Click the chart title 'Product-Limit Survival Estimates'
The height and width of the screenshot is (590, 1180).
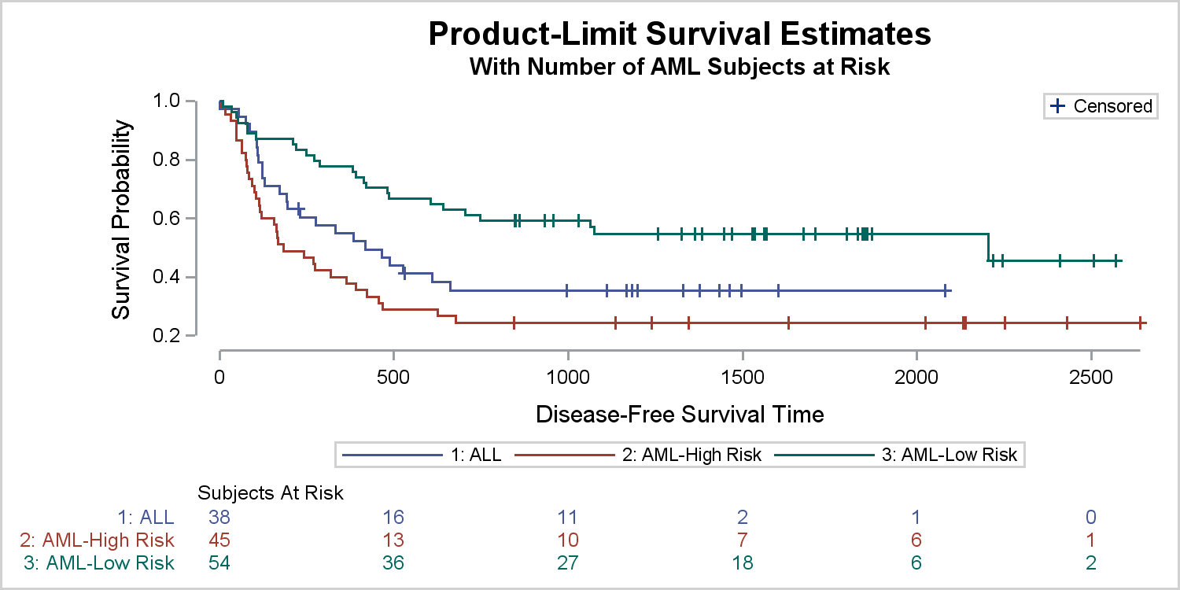coord(680,35)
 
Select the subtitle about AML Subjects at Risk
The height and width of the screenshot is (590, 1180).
coord(680,67)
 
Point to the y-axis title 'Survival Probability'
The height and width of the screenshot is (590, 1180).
coord(121,219)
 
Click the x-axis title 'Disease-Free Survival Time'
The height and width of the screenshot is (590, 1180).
coord(680,414)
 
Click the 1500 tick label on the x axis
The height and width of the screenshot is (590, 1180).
coord(742,374)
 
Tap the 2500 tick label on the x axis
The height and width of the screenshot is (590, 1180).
coord(1090,374)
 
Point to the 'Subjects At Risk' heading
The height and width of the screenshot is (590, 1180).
coord(271,493)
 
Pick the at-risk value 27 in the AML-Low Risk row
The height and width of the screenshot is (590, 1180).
coord(567,562)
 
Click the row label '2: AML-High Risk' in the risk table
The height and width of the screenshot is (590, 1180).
coord(97,540)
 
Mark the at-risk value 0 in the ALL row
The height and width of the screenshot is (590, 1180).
coord(1090,517)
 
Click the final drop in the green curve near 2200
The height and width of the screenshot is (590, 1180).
coord(987,247)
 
